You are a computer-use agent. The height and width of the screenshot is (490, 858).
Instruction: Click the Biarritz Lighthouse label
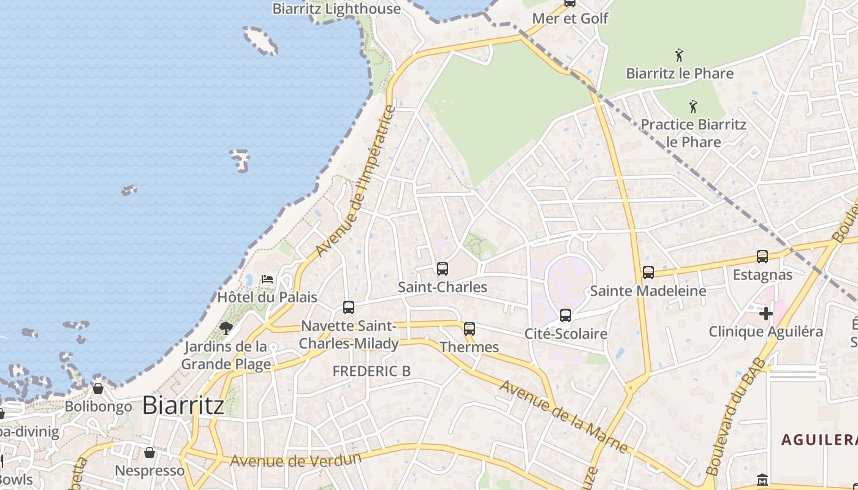pyautogui.click(x=336, y=9)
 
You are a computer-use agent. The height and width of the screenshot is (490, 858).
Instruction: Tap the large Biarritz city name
pyautogui.click(x=183, y=405)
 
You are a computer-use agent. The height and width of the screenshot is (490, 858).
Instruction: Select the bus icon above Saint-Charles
pyautogui.click(x=442, y=268)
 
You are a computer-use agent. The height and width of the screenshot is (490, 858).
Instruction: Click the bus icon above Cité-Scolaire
pyautogui.click(x=566, y=315)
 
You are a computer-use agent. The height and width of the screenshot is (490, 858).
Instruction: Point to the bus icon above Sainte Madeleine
pyautogui.click(x=648, y=273)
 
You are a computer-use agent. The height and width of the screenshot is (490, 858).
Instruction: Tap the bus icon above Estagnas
pyautogui.click(x=762, y=257)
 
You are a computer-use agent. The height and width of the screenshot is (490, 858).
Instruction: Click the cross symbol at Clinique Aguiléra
pyautogui.click(x=765, y=314)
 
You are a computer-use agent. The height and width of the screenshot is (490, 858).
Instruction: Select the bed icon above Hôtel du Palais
pyautogui.click(x=267, y=279)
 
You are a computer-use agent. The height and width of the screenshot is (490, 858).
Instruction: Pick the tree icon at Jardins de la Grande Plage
pyautogui.click(x=226, y=328)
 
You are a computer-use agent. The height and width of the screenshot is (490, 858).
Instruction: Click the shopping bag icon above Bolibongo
pyautogui.click(x=98, y=388)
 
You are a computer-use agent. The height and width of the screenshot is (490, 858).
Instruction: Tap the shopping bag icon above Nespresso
pyautogui.click(x=150, y=453)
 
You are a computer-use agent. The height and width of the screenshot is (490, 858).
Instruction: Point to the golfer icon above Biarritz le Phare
pyautogui.click(x=679, y=56)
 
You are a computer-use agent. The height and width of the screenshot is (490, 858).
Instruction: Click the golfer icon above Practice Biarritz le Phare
pyautogui.click(x=693, y=107)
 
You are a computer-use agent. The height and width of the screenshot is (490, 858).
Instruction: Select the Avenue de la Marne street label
pyautogui.click(x=563, y=417)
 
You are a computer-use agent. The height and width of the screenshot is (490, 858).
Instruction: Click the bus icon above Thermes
pyautogui.click(x=469, y=329)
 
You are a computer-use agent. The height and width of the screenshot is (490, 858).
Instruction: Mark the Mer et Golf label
pyautogui.click(x=570, y=18)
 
